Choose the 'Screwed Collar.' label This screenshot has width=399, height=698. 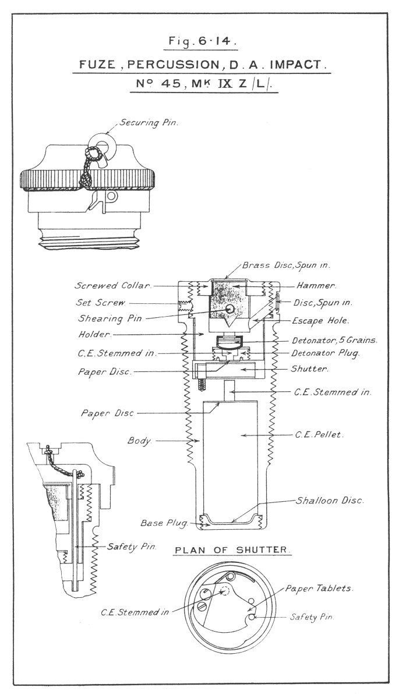click(x=113, y=286)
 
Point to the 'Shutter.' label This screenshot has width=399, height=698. click(x=310, y=369)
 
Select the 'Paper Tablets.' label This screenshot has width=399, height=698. click(x=319, y=589)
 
